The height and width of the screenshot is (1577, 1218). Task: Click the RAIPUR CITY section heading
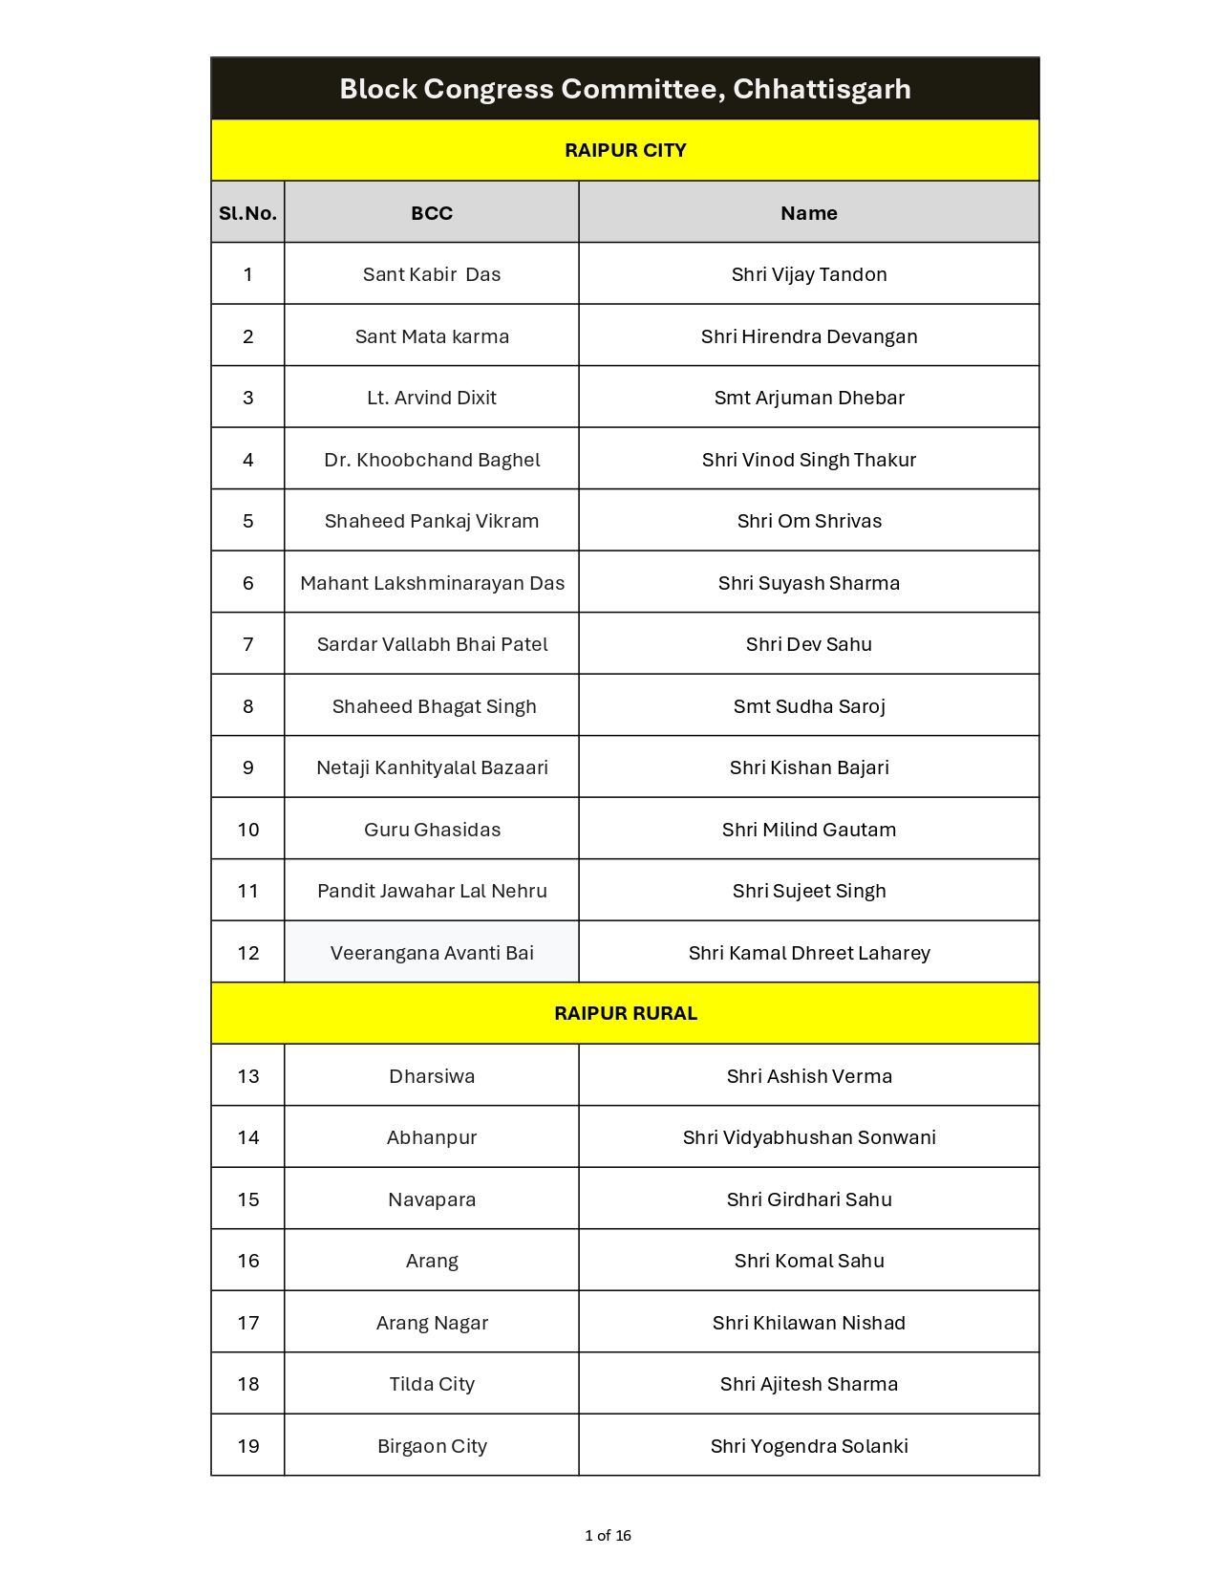pos(625,150)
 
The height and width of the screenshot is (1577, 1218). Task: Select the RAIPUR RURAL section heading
pos(625,1013)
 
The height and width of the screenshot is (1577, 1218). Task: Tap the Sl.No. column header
pos(247,213)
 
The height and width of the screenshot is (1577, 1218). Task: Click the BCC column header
pos(432,213)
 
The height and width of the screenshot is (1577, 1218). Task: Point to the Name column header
pos(808,213)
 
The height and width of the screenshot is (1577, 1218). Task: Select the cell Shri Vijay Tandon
pos(808,274)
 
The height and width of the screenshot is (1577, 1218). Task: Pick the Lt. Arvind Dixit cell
pos(432,398)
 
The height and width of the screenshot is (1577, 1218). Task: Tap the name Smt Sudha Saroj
pos(808,706)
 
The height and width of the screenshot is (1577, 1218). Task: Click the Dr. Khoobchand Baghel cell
pos(432,460)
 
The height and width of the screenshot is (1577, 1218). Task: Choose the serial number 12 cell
pos(247,953)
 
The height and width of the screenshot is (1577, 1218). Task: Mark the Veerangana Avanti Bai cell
pos(432,953)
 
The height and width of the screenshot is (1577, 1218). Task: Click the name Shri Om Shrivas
pos(808,521)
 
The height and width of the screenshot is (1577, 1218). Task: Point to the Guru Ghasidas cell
pos(432,830)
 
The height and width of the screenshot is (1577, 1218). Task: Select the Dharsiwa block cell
pos(432,1076)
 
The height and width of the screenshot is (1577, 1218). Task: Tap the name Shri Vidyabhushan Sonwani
pos(808,1137)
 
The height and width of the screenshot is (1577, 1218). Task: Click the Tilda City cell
pos(432,1384)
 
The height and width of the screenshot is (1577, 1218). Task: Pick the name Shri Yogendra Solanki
pos(808,1446)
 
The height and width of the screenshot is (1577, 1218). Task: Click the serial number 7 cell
pos(247,644)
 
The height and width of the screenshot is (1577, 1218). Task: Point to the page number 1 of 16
pos(608,1536)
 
